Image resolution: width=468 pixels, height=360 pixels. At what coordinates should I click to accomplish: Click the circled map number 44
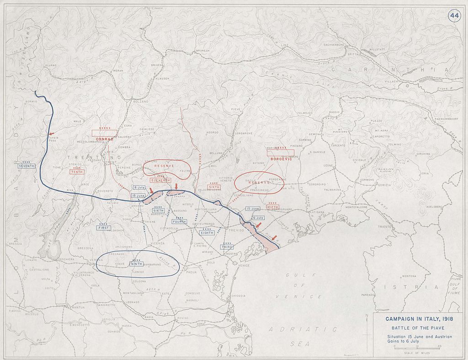pyautogui.click(x=454, y=16)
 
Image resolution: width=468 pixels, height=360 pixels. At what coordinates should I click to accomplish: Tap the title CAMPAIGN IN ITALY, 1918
pyautogui.click(x=415, y=319)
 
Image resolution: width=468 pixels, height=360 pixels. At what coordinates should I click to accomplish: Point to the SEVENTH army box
pyautogui.click(x=27, y=166)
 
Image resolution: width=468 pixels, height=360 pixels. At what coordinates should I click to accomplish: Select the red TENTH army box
pyautogui.click(x=77, y=172)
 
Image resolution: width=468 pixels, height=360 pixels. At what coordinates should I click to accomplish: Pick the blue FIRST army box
pyautogui.click(x=104, y=227)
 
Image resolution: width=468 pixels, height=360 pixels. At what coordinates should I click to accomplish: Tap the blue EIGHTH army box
pyautogui.click(x=207, y=233)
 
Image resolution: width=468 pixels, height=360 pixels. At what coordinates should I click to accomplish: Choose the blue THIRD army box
pyautogui.click(x=227, y=247)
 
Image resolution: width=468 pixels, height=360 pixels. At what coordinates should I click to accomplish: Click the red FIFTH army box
pyautogui.click(x=273, y=207)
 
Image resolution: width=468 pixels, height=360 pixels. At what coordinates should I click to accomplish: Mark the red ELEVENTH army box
pyautogui.click(x=160, y=180)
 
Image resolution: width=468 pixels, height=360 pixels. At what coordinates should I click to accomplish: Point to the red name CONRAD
pyautogui.click(x=104, y=139)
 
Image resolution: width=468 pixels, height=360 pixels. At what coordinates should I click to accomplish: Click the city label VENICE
pyautogui.click(x=244, y=265)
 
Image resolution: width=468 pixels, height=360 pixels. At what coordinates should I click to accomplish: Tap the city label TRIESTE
pyautogui.click(x=384, y=227)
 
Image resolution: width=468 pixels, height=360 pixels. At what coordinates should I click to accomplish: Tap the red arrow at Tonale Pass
pyautogui.click(x=51, y=134)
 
